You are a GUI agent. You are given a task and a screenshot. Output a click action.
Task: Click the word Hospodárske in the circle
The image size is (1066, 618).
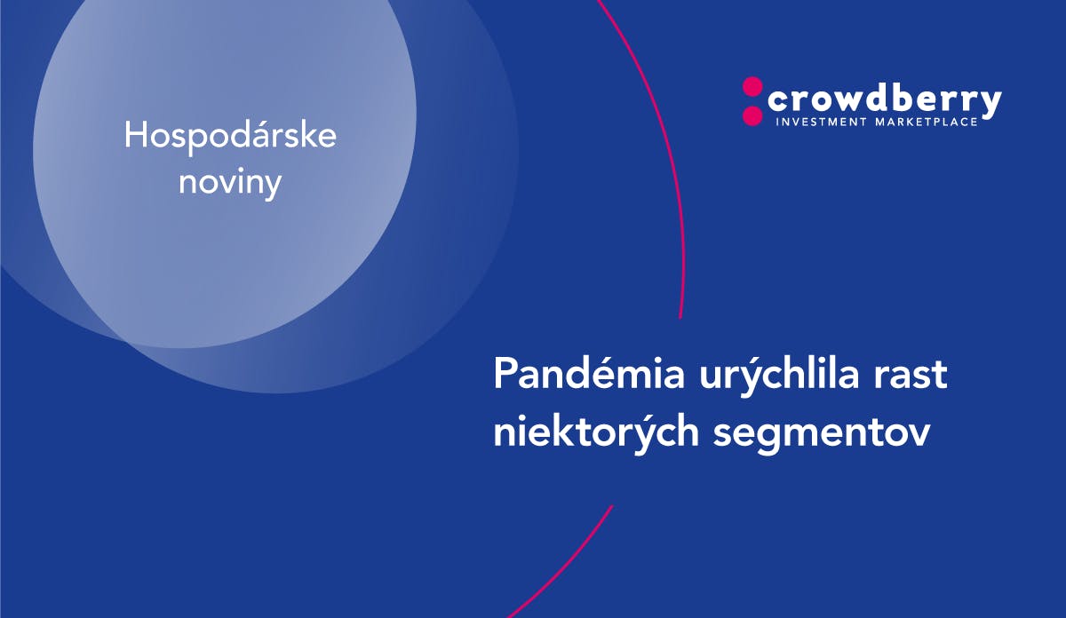coord(230,137)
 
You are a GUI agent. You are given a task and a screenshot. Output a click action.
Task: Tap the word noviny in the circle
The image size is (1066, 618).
coord(230,183)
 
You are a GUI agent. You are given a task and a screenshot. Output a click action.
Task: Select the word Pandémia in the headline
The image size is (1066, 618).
coord(589,374)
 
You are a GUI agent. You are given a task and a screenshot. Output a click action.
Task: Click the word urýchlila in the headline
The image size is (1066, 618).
coord(779,378)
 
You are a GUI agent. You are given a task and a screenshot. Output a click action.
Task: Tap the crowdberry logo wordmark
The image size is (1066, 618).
coord(884,102)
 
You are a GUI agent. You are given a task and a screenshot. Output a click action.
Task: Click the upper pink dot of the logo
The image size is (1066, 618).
coord(752,87)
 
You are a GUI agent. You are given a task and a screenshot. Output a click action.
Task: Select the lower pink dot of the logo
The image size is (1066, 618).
coord(752,115)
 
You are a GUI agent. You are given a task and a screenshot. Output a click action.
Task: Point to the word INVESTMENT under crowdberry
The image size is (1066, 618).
coord(821,123)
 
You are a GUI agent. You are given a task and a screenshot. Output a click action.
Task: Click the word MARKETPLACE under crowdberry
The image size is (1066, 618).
coord(926,123)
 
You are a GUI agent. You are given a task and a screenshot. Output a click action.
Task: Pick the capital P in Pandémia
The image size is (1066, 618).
coord(505,374)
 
